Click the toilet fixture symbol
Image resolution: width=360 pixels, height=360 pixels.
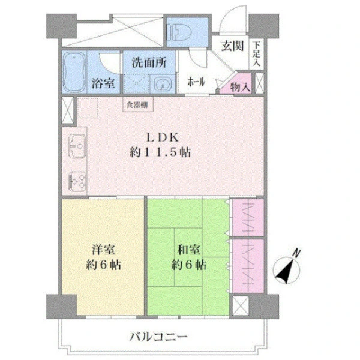pos(179,32)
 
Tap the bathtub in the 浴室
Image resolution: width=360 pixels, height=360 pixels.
pos(74,72)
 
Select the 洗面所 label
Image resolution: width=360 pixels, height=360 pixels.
pos(149,62)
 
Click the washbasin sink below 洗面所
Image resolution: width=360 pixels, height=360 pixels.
pos(163,85)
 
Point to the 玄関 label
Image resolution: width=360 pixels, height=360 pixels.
pos(232,46)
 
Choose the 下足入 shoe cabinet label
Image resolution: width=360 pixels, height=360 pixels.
pos(256,54)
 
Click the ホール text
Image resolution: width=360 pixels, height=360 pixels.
pos(196,82)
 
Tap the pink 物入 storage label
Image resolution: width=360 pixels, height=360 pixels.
pos(240,87)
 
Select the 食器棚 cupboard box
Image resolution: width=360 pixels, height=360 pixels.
pos(138,104)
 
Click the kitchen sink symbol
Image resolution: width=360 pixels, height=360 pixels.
pos(77,146)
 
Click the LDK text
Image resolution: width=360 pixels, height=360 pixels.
pos(163,137)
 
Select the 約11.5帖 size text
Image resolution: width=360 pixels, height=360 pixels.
pos(160,152)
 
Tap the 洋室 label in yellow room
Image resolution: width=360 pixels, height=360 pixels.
pos(103,250)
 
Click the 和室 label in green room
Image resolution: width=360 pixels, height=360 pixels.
pos(189,250)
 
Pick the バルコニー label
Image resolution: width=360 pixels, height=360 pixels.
pos(158,337)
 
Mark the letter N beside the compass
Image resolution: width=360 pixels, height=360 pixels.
pos(297,253)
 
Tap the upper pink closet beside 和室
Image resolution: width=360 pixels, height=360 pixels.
pos(248,217)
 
